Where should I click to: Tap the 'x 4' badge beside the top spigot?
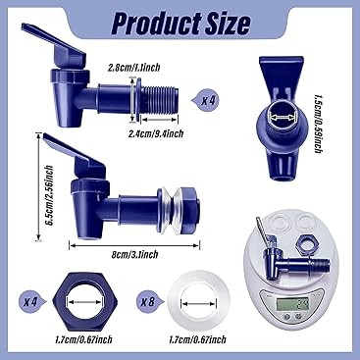[208, 100]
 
